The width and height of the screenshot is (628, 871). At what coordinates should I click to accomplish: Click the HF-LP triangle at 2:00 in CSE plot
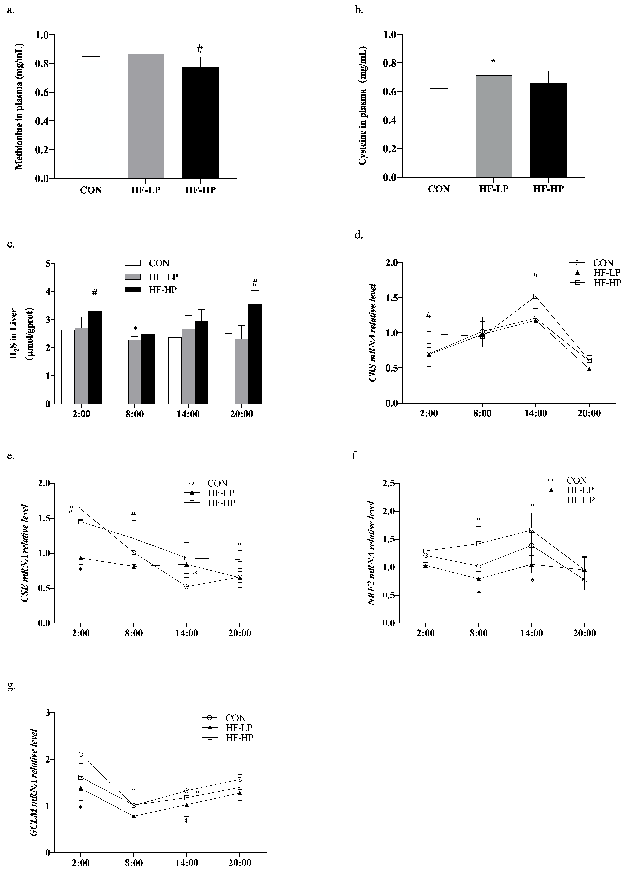point(81,558)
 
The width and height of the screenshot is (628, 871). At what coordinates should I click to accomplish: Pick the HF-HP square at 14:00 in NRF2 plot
point(532,530)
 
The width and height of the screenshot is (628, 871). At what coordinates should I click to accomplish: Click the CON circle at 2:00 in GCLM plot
point(81,754)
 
